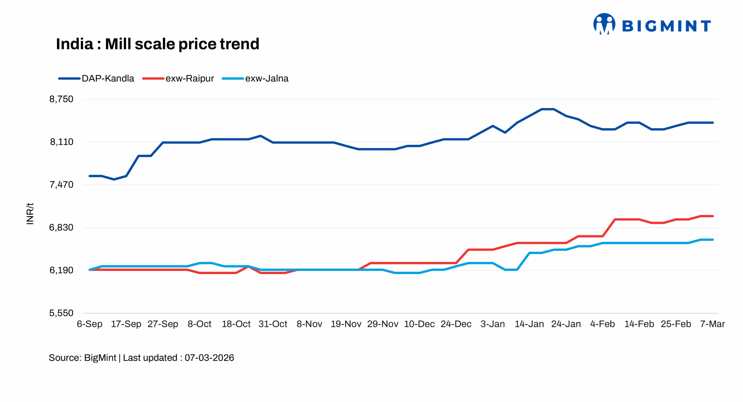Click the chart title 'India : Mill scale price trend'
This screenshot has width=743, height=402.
157,44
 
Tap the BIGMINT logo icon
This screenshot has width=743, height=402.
604,24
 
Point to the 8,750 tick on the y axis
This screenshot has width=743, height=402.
61,99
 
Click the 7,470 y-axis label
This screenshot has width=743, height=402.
61,185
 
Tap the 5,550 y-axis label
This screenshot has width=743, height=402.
61,313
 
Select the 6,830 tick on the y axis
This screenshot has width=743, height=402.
61,228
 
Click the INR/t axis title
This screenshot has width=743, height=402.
30,214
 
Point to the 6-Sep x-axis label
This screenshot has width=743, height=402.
89,324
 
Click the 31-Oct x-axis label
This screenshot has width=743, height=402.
273,324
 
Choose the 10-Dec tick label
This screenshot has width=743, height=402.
419,324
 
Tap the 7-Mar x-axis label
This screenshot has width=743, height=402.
712,324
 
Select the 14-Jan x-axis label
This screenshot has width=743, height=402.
529,324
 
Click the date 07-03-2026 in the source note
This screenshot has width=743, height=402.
209,358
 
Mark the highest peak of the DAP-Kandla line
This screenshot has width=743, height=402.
547,109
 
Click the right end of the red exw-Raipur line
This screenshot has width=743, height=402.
713,216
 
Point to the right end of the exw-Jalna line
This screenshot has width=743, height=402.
713,240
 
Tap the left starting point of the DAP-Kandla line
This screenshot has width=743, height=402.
90,176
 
